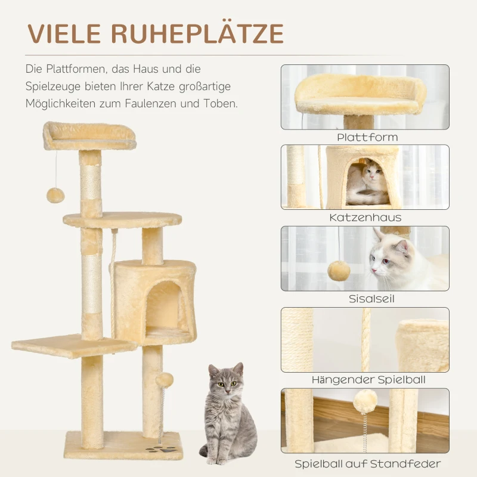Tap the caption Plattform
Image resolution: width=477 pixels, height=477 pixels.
tap(367, 137)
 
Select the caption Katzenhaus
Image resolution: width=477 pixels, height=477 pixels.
tap(366, 218)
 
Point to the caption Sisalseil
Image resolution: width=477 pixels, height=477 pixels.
tap(366, 299)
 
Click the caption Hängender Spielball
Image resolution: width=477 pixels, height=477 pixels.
tap(368, 380)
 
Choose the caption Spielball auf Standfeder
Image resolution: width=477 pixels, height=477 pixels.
tap(368, 463)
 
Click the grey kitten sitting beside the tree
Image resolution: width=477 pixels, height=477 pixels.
tap(227, 411)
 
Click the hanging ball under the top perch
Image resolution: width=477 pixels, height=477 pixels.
tap(55, 195)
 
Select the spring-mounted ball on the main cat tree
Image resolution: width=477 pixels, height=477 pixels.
tap(164, 380)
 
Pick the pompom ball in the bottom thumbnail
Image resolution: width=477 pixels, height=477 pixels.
tap(365, 401)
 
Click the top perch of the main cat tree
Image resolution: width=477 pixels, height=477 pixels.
tap(89, 137)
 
